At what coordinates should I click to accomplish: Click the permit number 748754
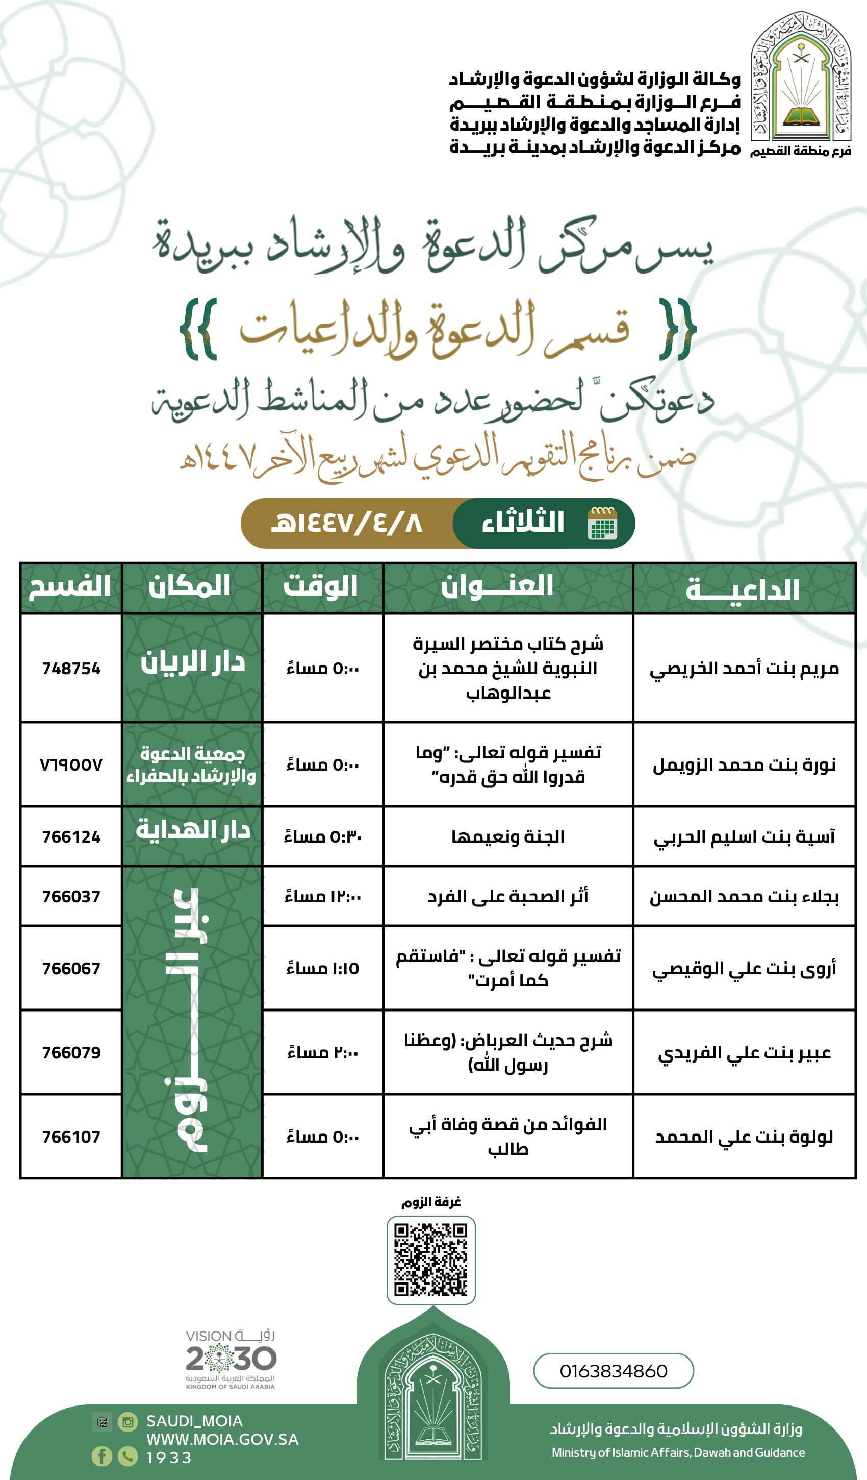pos(71,669)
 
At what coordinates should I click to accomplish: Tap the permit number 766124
pos(71,836)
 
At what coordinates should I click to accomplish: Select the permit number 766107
pos(71,1137)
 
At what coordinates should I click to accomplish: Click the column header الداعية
pos(743,589)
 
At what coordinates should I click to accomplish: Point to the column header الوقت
pos(321,587)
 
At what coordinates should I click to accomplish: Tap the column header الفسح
pos(70,587)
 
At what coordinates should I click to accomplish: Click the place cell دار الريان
pos(192,662)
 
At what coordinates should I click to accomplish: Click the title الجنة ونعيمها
pos(508,836)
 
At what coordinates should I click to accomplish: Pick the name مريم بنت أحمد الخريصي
pos(744,669)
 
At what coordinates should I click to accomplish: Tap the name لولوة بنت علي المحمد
pos(744,1137)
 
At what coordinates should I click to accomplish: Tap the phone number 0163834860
pos(614,1371)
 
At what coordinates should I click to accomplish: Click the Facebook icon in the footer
pos(101,1456)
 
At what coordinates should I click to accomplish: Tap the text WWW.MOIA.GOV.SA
pos(222,1440)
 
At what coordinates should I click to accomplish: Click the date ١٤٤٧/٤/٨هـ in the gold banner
pos(346,523)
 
